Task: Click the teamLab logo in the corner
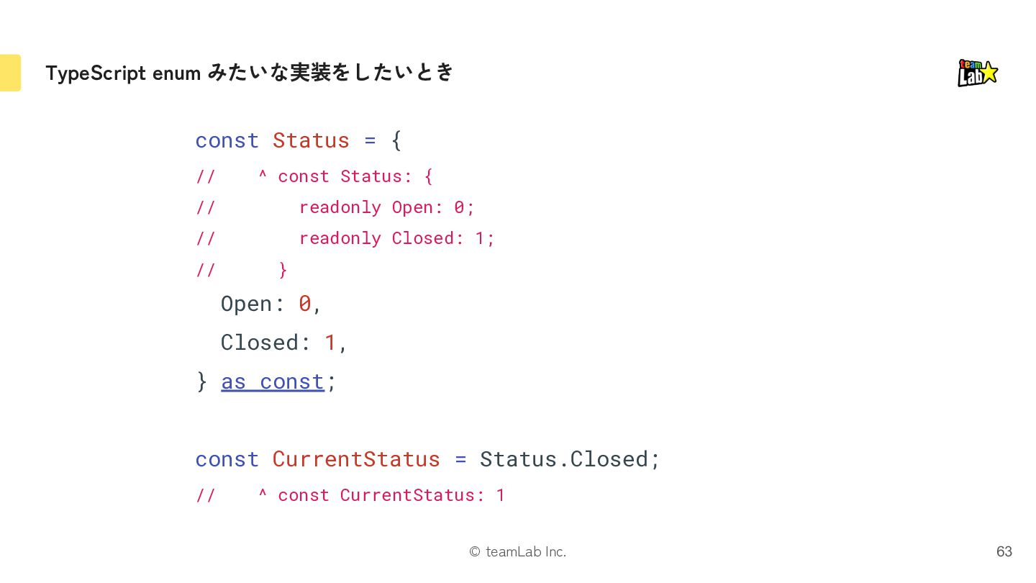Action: click(977, 73)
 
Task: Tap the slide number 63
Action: click(1004, 551)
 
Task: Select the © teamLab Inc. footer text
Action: click(517, 551)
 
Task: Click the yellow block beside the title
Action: click(10, 73)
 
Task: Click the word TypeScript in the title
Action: click(96, 73)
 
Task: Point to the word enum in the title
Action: click(176, 73)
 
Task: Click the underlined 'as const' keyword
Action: click(273, 382)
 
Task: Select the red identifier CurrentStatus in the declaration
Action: click(355, 459)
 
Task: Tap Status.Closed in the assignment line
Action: click(563, 459)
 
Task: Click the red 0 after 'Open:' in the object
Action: click(305, 304)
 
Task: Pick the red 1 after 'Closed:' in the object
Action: click(330, 343)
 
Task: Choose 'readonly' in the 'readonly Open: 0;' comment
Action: click(340, 208)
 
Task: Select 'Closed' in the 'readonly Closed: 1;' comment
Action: click(423, 238)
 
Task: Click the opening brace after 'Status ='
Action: click(396, 140)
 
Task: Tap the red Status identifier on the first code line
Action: click(311, 140)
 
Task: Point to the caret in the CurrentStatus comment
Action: click(262, 492)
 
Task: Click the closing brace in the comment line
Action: click(283, 270)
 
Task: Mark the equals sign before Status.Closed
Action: click(460, 459)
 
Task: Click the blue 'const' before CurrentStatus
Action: click(227, 459)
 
